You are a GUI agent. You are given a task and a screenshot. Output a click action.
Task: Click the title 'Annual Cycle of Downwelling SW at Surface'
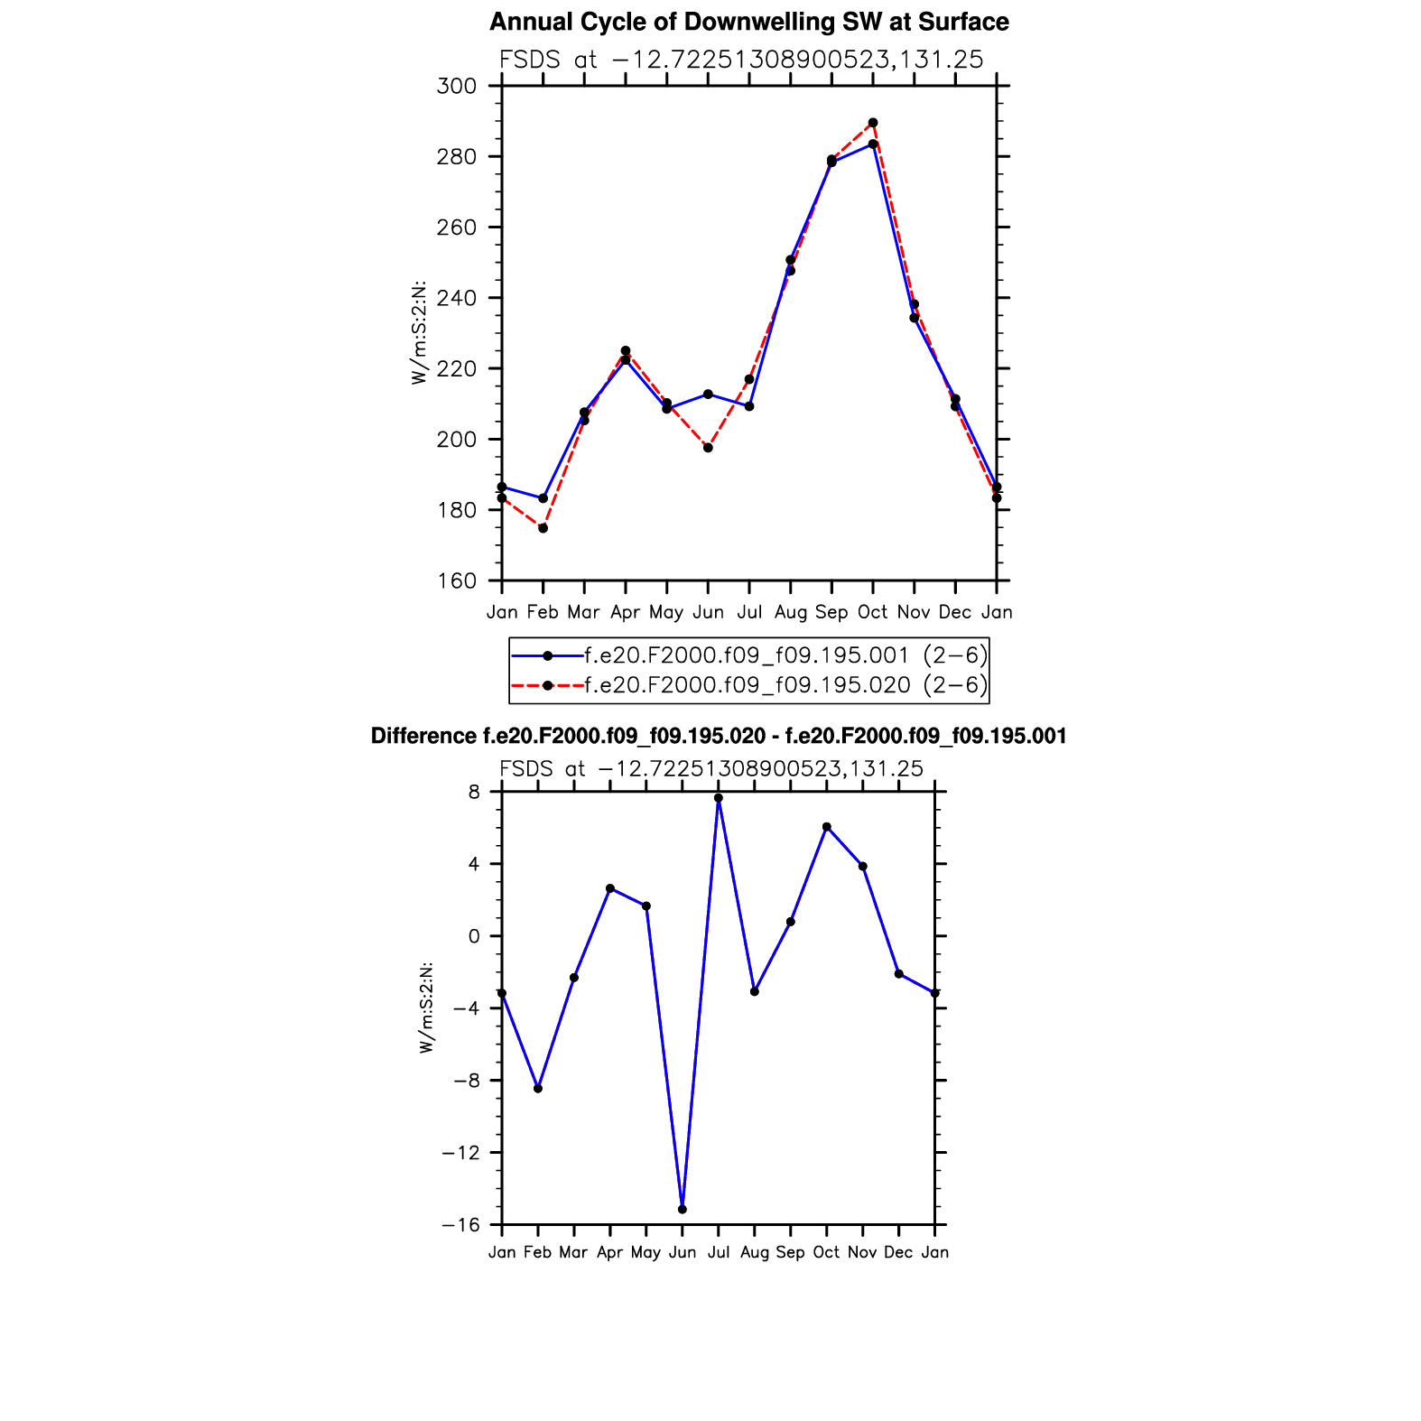click(x=748, y=22)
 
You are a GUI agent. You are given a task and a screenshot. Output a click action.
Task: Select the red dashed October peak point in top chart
click(x=873, y=123)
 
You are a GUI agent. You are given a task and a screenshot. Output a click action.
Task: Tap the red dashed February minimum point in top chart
click(x=543, y=528)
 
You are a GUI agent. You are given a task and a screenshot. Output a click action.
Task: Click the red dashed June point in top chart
click(x=708, y=448)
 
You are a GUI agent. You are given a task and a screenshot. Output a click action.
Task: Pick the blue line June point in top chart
click(x=708, y=395)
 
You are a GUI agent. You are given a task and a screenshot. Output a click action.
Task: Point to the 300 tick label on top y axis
click(x=456, y=87)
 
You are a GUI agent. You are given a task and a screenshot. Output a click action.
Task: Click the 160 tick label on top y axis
click(x=456, y=580)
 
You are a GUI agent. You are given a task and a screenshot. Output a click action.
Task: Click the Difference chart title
click(x=719, y=737)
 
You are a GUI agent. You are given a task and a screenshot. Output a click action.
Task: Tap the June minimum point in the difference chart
click(x=683, y=1209)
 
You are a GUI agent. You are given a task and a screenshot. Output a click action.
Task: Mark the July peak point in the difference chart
click(x=719, y=798)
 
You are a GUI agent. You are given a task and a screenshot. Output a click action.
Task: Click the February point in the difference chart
click(x=538, y=1089)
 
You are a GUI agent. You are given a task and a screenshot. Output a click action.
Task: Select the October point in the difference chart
click(x=827, y=827)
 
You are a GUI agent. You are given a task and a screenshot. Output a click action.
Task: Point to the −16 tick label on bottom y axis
click(x=460, y=1225)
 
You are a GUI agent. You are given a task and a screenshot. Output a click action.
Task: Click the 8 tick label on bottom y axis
click(x=473, y=792)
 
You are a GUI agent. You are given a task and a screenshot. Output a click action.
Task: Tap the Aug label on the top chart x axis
click(x=790, y=612)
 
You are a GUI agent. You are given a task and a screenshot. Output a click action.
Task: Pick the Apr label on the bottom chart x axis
click(x=610, y=1252)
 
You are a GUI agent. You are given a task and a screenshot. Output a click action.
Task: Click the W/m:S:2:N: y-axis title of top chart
click(x=419, y=333)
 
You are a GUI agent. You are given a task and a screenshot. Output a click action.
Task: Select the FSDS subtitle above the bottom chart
click(x=711, y=769)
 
